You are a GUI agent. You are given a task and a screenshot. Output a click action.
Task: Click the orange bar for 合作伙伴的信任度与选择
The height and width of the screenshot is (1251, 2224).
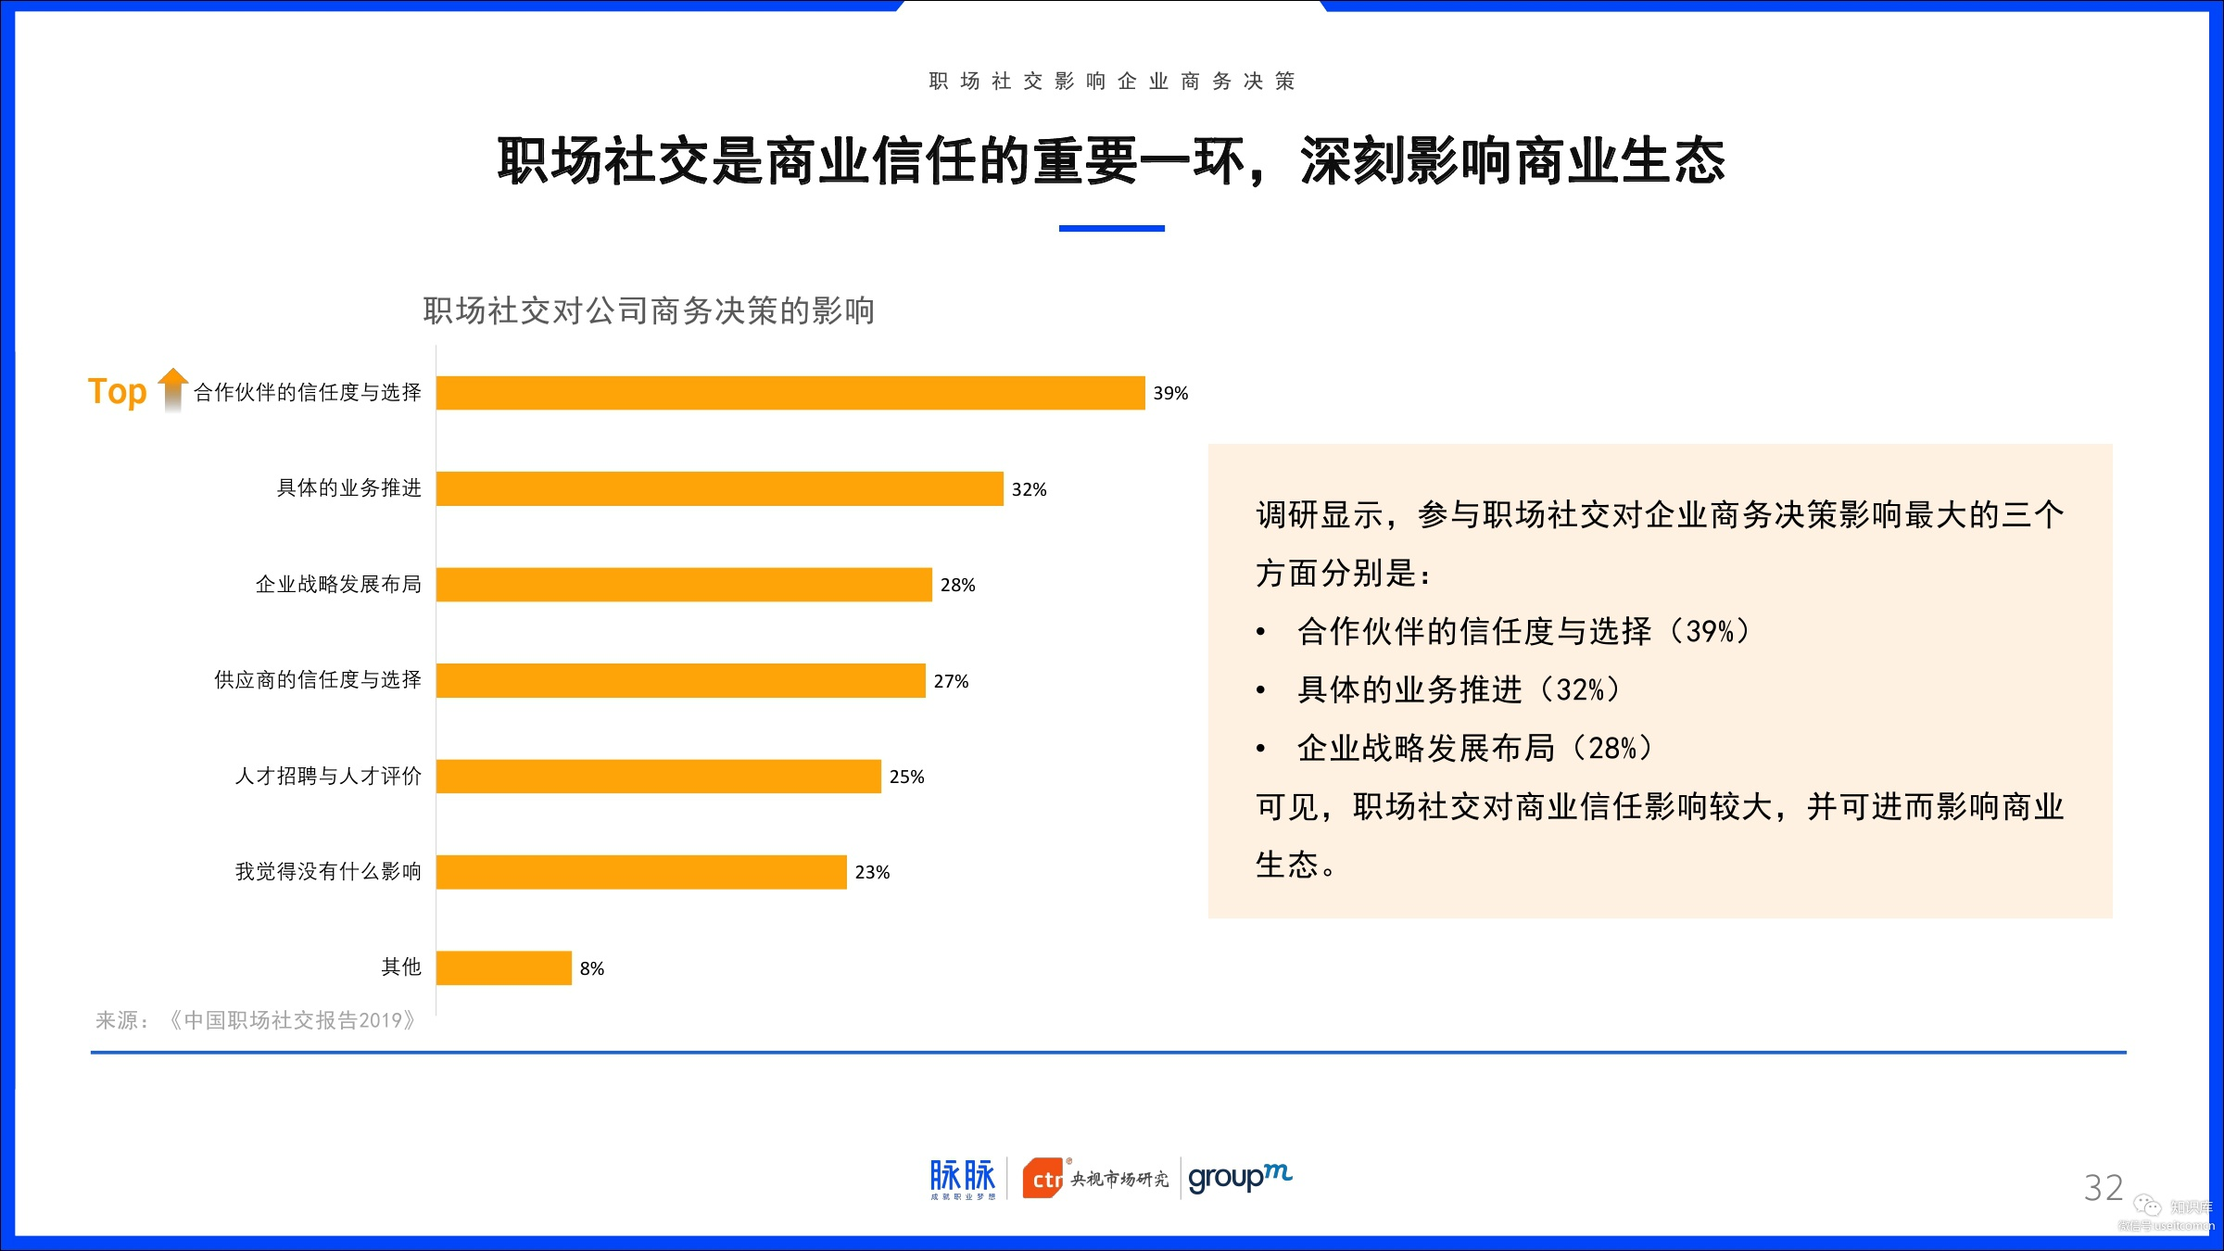tap(790, 393)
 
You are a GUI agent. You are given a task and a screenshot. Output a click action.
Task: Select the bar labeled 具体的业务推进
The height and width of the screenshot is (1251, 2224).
tap(720, 488)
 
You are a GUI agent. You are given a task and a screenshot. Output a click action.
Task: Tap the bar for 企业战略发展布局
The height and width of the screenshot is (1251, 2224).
tap(684, 585)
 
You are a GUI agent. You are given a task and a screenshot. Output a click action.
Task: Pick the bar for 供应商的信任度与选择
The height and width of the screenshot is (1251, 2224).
tap(681, 680)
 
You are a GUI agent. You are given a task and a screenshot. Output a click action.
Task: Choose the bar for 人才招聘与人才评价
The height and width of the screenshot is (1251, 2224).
tap(659, 777)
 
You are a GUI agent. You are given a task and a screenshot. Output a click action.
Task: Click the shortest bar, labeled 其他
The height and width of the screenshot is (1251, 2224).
tap(504, 968)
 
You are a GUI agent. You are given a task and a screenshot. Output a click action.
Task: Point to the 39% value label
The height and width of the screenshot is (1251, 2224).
tap(1170, 393)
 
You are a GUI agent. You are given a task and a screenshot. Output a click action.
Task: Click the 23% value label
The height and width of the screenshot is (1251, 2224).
tap(872, 872)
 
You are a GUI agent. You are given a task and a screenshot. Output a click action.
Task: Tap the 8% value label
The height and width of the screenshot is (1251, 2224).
tap(592, 968)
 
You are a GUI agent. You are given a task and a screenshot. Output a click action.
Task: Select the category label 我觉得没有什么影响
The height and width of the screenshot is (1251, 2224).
tap(328, 871)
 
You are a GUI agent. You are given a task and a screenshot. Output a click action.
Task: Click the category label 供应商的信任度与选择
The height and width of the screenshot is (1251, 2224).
tap(318, 680)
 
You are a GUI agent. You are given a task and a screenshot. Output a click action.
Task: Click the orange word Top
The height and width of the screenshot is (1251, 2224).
tap(118, 392)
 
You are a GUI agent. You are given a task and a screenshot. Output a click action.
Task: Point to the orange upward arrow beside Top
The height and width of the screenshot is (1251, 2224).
tap(172, 389)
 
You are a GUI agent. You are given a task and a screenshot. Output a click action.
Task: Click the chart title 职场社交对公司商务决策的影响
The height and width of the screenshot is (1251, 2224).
tap(649, 310)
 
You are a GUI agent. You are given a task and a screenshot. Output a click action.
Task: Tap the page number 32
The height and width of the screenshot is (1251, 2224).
tap(2103, 1188)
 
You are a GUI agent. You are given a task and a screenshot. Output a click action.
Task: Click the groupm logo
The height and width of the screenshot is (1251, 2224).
tap(1240, 1178)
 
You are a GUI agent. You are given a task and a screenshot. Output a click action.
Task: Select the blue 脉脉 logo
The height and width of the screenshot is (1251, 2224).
tap(963, 1179)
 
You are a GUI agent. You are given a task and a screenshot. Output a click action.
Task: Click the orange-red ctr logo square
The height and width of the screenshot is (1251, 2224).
tap(1043, 1179)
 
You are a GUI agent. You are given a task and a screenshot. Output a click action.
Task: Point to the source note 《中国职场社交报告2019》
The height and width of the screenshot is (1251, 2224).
tap(293, 1020)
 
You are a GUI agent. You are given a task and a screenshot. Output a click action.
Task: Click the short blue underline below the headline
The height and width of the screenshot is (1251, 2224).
tap(1112, 228)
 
